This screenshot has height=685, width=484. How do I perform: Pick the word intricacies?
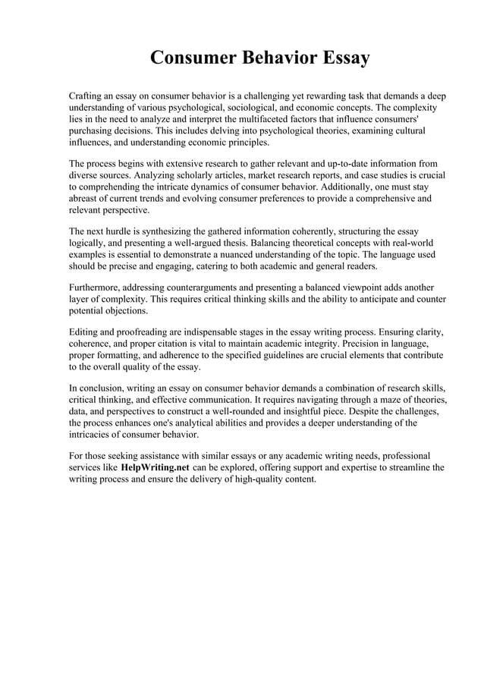point(94,434)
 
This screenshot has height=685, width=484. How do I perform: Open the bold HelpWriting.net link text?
point(156,467)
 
